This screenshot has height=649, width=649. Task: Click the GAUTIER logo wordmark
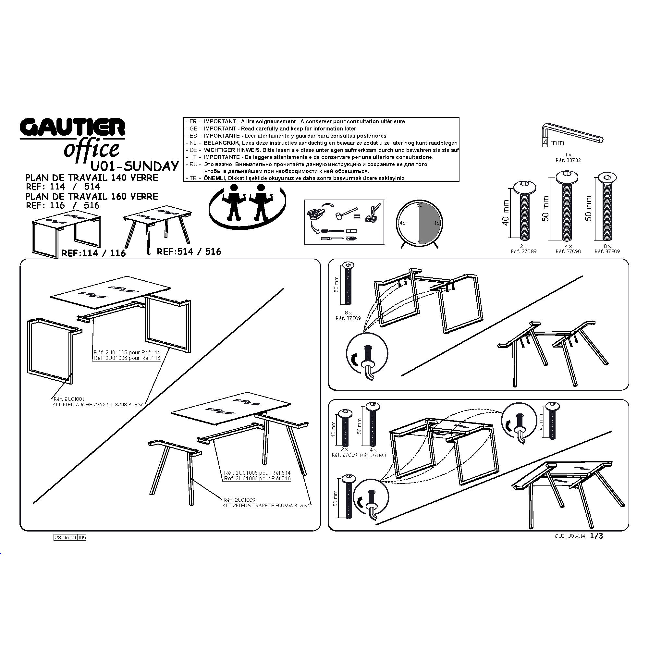(72, 127)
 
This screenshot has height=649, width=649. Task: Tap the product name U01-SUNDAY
(135, 166)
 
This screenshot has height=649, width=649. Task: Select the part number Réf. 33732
(568, 160)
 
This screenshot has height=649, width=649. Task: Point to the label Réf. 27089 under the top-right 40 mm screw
(523, 251)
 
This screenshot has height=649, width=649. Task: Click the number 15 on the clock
(437, 223)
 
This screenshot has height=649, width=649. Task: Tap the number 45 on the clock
(402, 223)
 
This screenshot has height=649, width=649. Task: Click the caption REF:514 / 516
(189, 251)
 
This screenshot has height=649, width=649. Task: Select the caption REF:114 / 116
(94, 253)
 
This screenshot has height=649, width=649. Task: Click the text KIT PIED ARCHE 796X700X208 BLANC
(98, 405)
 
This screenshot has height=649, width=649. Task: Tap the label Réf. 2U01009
(239, 500)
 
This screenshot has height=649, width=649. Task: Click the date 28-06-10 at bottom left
(66, 537)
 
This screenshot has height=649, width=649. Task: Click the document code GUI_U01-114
(570, 536)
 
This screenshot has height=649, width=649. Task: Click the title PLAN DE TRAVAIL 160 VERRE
(92, 196)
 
